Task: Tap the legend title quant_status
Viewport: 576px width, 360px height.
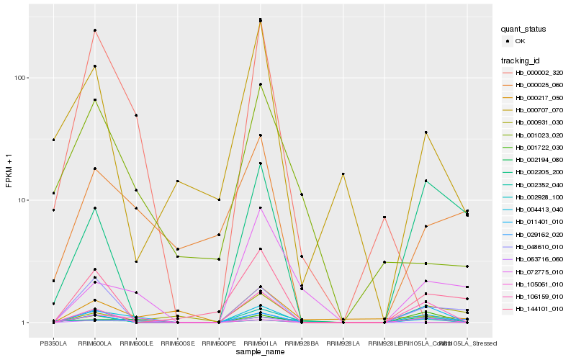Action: pyautogui.click(x=524, y=30)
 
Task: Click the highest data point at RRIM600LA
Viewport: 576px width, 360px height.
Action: pyautogui.click(x=95, y=30)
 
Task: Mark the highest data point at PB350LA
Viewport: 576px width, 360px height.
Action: pyautogui.click(x=53, y=140)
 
